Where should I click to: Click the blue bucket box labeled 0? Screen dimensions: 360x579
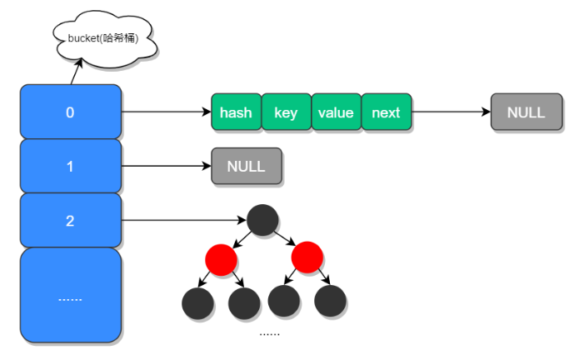pyautogui.click(x=70, y=112)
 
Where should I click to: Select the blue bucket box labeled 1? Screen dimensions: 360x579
pyautogui.click(x=70, y=166)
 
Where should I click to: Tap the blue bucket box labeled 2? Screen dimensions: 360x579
pyautogui.click(x=70, y=221)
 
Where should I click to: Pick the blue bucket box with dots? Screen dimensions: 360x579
pyautogui.click(x=70, y=296)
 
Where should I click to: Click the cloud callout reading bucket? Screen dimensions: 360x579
pyautogui.click(x=103, y=37)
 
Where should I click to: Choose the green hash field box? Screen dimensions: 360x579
pyautogui.click(x=236, y=112)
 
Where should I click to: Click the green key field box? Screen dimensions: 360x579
pyautogui.click(x=286, y=112)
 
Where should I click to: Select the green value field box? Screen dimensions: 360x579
pyautogui.click(x=336, y=112)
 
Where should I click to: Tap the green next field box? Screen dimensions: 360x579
pyautogui.click(x=386, y=112)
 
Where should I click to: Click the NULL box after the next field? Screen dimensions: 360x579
pyautogui.click(x=526, y=112)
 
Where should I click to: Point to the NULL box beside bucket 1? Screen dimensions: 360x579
pyautogui.click(x=246, y=166)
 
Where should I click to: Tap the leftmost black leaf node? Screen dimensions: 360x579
pyautogui.click(x=197, y=302)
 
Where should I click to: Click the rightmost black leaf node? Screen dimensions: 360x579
pyautogui.click(x=330, y=302)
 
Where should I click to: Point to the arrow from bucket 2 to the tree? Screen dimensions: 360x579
pyautogui.click(x=183, y=221)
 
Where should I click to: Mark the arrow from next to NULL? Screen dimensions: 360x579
pyautogui.click(x=451, y=112)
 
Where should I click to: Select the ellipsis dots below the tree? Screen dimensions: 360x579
pyautogui.click(x=269, y=333)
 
